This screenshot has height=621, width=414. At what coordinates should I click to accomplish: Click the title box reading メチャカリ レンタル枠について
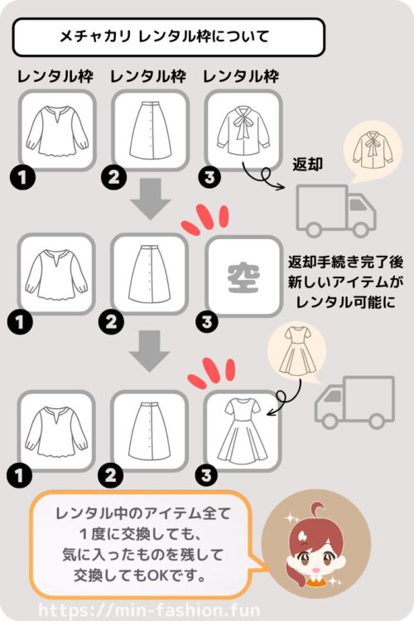[169, 36]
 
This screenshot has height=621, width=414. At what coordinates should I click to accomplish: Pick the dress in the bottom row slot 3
[243, 429]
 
